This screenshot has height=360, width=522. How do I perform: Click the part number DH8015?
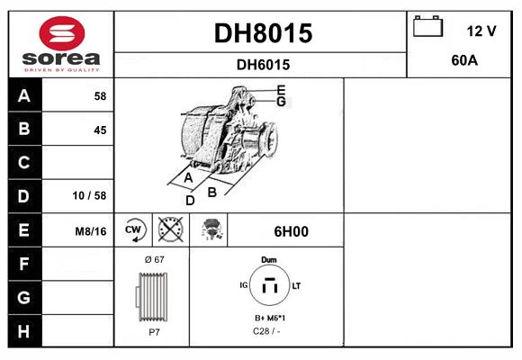click(262, 33)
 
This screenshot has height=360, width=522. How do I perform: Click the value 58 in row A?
click(99, 96)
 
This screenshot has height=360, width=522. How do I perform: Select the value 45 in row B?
click(99, 130)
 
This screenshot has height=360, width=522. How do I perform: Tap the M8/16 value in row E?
click(91, 231)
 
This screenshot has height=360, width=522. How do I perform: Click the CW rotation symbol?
click(134, 230)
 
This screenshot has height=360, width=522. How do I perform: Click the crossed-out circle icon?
click(170, 230)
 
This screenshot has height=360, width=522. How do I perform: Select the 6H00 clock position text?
click(290, 231)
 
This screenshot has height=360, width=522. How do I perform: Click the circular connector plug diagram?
click(268, 287)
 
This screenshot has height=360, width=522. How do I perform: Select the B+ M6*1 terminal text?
click(268, 319)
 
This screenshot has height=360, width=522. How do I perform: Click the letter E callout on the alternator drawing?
click(282, 89)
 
